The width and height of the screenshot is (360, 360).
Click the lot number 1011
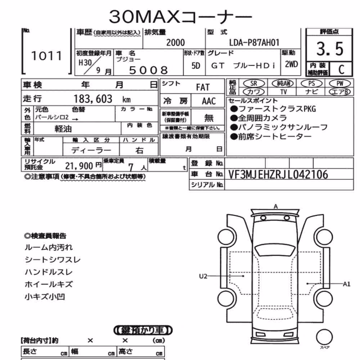point(46,56)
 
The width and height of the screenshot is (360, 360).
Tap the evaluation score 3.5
point(330,49)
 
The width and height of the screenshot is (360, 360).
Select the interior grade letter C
point(341,69)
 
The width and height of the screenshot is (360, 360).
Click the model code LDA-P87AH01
point(254,42)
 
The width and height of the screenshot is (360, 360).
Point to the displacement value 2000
point(175,43)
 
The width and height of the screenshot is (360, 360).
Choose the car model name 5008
point(148,70)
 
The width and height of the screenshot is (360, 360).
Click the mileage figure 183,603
point(93,99)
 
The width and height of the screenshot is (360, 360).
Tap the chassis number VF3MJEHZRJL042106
point(278,175)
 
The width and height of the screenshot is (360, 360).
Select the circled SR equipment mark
point(254,84)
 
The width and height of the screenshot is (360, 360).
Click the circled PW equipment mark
point(340,84)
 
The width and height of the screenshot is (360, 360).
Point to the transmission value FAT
point(203,87)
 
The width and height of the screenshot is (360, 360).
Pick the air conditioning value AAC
point(209,101)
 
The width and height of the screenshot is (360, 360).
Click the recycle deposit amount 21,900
point(79,166)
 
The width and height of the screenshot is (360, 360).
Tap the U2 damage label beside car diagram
point(203,276)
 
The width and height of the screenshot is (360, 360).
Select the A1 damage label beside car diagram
point(347,284)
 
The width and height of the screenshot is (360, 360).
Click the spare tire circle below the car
point(324,337)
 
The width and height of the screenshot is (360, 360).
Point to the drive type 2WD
point(291,64)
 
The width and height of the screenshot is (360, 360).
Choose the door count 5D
point(195,66)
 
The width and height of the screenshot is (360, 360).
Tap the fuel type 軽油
point(63,129)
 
